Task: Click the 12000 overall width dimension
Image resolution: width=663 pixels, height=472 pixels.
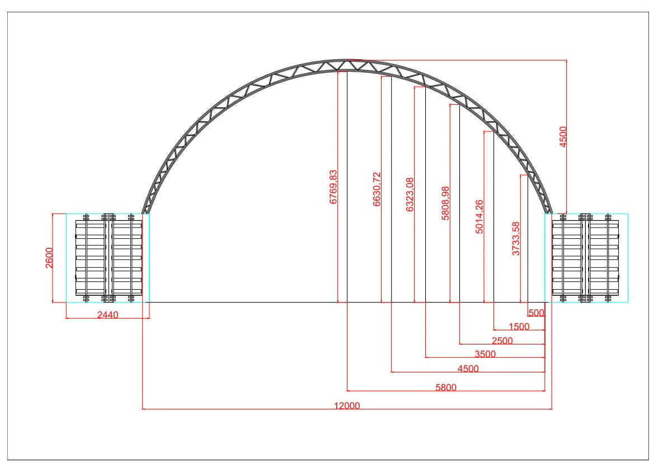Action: pos(347,405)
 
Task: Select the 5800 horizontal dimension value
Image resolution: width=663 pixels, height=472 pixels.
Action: pos(446,387)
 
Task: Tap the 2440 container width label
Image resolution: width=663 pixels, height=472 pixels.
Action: pos(108,315)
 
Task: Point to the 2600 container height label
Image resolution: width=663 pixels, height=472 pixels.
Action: pos(49,258)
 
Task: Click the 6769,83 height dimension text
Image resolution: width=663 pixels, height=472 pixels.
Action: pos(333,187)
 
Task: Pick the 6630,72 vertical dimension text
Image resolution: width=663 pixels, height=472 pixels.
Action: pos(377,189)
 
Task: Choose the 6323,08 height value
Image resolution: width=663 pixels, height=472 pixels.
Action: pos(410,195)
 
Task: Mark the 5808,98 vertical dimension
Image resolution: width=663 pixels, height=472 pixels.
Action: pos(445,203)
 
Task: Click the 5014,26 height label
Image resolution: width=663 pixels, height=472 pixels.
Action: pos(479,217)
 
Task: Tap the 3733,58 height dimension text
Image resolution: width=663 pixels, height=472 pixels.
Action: pos(516,239)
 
